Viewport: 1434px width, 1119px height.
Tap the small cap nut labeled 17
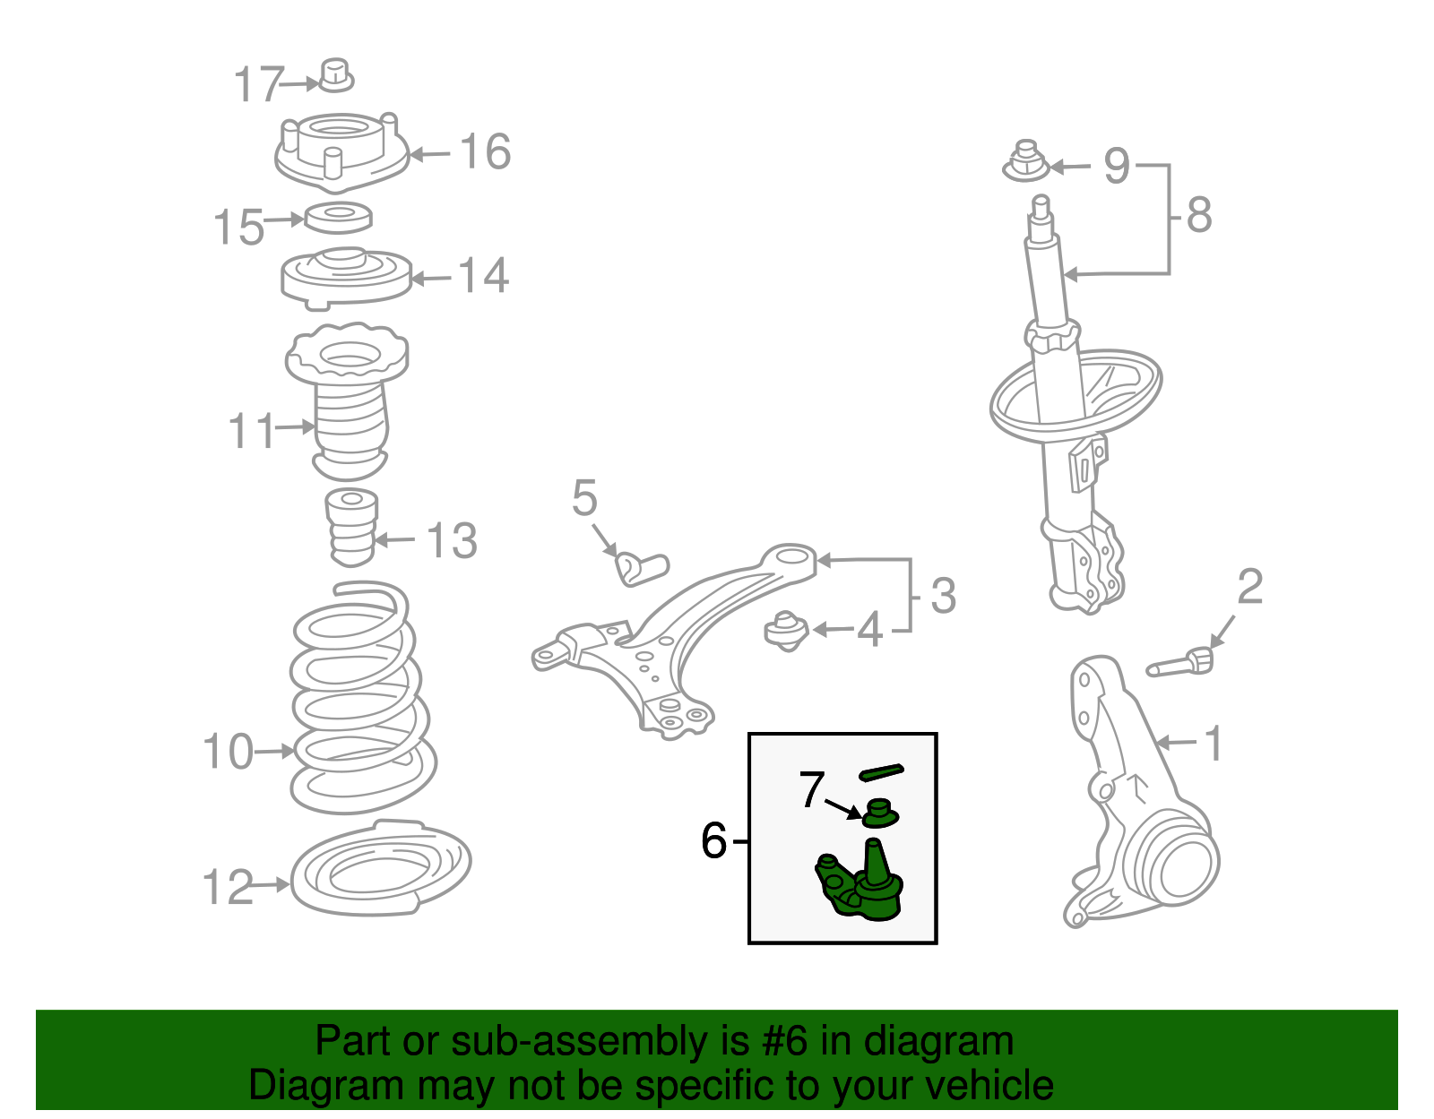(336, 75)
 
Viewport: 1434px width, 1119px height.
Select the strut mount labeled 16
(341, 152)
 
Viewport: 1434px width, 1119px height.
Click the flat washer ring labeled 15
(338, 217)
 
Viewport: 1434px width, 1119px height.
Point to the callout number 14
(484, 275)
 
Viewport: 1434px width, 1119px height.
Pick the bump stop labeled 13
(351, 527)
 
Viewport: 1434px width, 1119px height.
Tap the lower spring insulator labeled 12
(380, 868)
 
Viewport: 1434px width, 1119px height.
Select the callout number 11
(252, 431)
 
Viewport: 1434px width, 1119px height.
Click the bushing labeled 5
(641, 568)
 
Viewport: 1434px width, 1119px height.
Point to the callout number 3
(943, 596)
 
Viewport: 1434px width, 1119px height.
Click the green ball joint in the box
(860, 881)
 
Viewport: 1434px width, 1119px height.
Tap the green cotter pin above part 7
(882, 771)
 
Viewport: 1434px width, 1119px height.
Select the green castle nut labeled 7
(880, 813)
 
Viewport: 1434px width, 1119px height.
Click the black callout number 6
(713, 840)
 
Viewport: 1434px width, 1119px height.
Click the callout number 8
(1199, 214)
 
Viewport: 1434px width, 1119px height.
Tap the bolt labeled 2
(1180, 663)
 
